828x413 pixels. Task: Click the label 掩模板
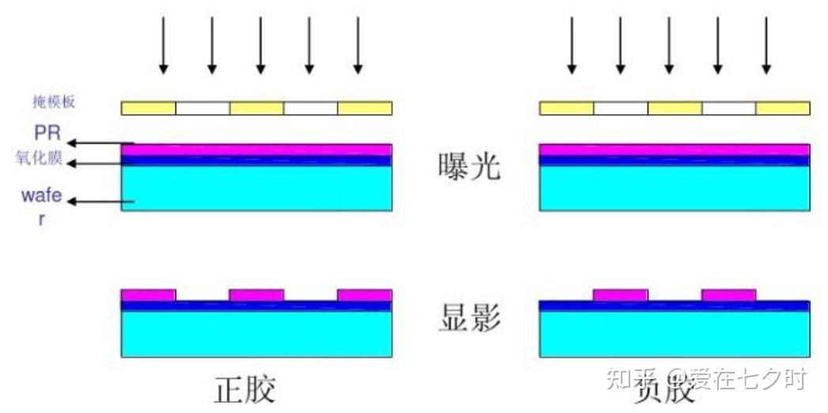coord(50,101)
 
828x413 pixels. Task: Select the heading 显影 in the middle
coord(469,316)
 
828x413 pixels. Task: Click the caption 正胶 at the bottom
coord(246,390)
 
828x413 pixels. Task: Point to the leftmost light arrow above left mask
coord(163,45)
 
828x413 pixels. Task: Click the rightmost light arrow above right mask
coord(766,45)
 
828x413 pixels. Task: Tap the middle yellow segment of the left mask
coord(256,108)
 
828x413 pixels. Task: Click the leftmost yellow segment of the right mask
coord(566,108)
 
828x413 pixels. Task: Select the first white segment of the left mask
coord(202,108)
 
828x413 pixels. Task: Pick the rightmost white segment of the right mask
coord(728,108)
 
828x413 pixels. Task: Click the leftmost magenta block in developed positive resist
coord(148,295)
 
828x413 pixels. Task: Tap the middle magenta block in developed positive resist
coord(256,295)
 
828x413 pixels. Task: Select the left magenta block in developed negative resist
coord(620,295)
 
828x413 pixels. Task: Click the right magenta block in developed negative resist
coord(728,295)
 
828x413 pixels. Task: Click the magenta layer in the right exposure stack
coord(674,150)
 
